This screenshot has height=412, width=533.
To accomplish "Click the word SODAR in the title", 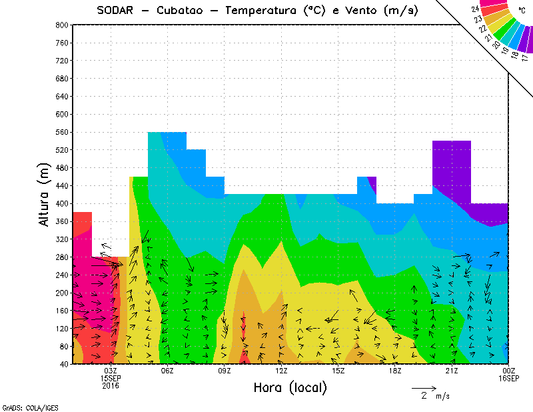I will (x=117, y=11).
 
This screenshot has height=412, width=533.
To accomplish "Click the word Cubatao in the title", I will (x=186, y=11).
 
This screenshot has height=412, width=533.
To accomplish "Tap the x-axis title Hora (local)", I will (x=290, y=387).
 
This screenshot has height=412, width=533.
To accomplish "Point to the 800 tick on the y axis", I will (x=61, y=25).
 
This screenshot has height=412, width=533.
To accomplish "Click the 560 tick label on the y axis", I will (x=61, y=132).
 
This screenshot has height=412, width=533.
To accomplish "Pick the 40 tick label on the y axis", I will (x=63, y=364).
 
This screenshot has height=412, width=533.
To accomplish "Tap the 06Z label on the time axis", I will (x=167, y=370).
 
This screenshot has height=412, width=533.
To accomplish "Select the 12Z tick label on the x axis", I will (x=281, y=370).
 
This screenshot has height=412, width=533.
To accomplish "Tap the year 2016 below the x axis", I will (x=111, y=385).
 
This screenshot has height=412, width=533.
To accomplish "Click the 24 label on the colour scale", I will (x=476, y=9).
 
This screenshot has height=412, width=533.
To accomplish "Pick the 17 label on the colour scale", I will (x=524, y=58).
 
